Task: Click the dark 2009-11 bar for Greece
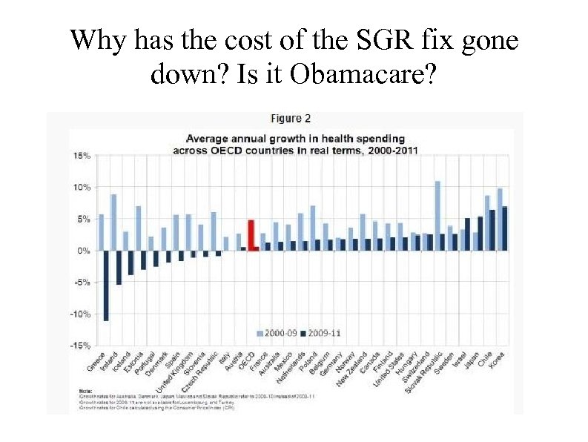(x=106, y=286)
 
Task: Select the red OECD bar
(x=251, y=235)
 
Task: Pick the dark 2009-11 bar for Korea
(x=505, y=228)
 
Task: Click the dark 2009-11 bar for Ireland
(x=119, y=268)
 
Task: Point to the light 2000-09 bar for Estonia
(x=138, y=228)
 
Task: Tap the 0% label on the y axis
(x=83, y=251)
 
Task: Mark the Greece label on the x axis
(x=95, y=360)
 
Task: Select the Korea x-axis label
(x=497, y=359)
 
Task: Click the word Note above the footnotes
(x=86, y=392)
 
